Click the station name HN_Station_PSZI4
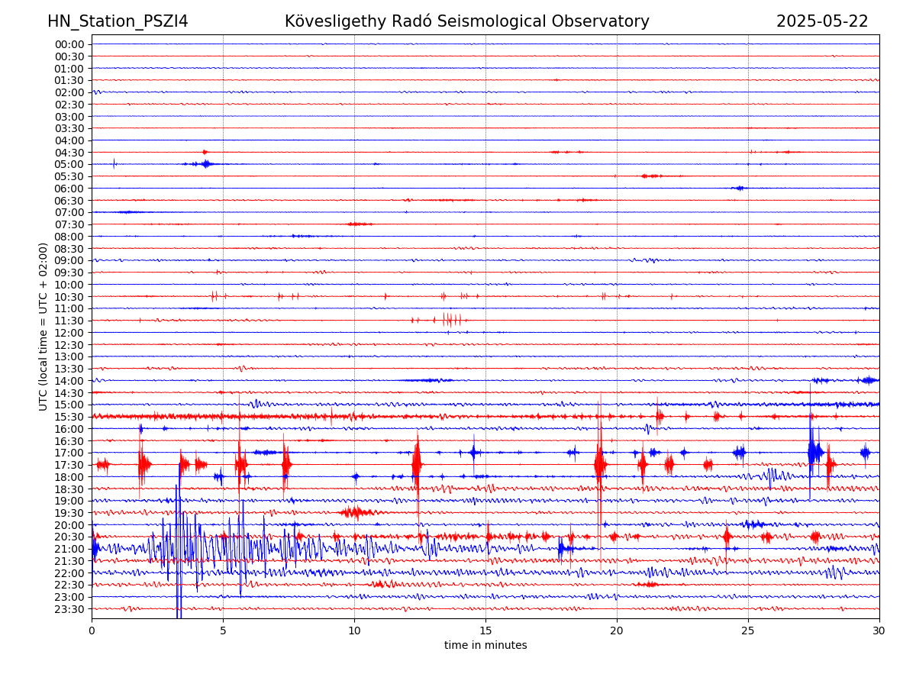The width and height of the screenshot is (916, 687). point(118,21)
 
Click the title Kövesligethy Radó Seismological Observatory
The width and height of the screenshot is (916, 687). point(466,21)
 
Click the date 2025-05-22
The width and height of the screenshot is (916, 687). point(822,21)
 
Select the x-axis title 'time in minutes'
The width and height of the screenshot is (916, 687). point(485,646)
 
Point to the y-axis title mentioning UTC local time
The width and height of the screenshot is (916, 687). point(44,327)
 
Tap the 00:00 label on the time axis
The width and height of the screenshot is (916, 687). point(69,44)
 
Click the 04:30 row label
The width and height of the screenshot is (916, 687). point(69,153)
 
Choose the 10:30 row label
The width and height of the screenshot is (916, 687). point(69,297)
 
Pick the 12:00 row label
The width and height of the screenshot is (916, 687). point(69,333)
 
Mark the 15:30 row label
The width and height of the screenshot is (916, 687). point(69,417)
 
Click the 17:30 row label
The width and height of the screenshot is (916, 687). point(69,465)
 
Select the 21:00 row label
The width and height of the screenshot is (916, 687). point(69,549)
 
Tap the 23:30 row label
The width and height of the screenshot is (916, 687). point(69,609)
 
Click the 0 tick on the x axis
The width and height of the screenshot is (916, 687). point(92,631)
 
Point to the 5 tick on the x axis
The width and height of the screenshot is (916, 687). point(223,631)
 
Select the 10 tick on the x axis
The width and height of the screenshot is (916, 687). point(354,631)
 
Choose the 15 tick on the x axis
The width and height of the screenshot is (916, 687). point(485,631)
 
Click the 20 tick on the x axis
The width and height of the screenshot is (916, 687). point(617,631)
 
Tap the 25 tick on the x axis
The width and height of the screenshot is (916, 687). point(748,631)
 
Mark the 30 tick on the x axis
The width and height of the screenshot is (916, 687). point(879,631)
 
